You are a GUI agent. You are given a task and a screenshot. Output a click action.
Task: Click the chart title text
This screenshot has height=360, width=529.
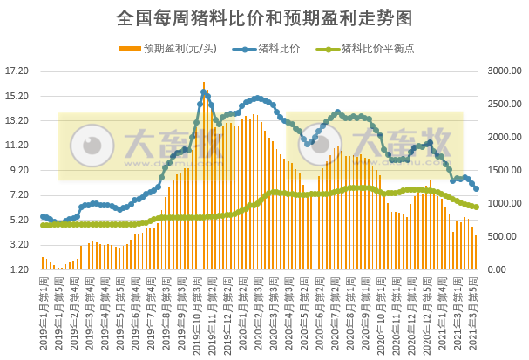coord(264,17)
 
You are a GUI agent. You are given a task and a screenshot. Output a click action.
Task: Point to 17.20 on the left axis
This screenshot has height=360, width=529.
coord(17,71)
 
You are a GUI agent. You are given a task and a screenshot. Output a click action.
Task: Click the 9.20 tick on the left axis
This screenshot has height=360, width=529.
coord(18,171)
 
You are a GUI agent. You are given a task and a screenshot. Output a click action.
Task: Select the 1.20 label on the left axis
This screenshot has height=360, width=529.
coord(18,270)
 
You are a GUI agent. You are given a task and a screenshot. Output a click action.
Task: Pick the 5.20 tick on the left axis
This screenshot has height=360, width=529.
coord(18,221)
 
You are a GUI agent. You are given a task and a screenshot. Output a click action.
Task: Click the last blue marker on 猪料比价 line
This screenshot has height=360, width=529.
coord(476,188)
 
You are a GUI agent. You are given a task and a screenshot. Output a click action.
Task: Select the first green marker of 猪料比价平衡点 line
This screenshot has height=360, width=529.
coord(43,226)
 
